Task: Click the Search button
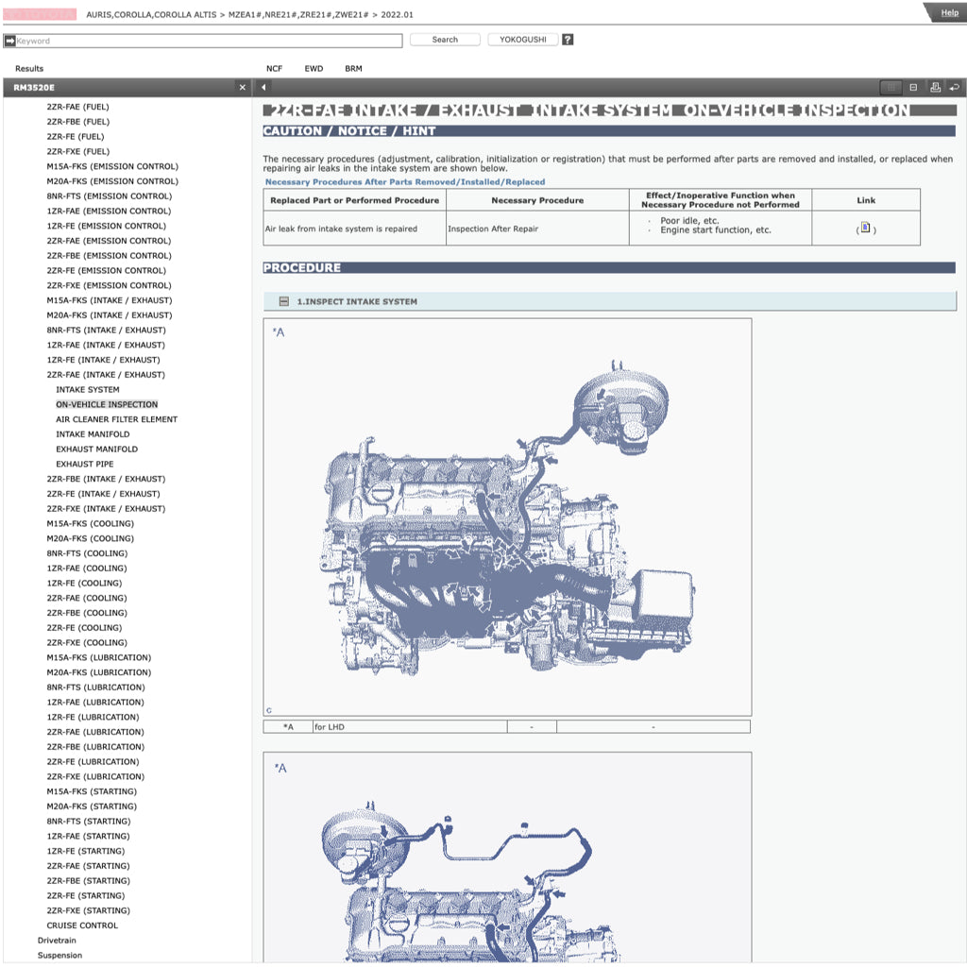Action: [x=445, y=40]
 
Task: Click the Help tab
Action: [x=948, y=12]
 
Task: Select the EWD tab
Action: [x=314, y=69]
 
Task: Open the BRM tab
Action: [x=353, y=69]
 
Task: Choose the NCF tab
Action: [x=274, y=69]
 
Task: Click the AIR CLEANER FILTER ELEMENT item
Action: [x=116, y=419]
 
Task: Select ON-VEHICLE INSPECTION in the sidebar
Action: [x=107, y=404]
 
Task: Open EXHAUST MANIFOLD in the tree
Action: [x=96, y=450]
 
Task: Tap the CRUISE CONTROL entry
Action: [x=82, y=925]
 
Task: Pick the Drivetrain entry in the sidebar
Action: [x=57, y=941]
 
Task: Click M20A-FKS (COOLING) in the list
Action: [x=90, y=538]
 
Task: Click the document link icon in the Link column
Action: [x=865, y=228]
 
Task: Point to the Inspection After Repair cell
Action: [x=493, y=229]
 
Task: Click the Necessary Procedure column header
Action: [x=537, y=200]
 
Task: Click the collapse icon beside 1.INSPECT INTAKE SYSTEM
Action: [x=283, y=301]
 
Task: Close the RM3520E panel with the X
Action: [x=243, y=88]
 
